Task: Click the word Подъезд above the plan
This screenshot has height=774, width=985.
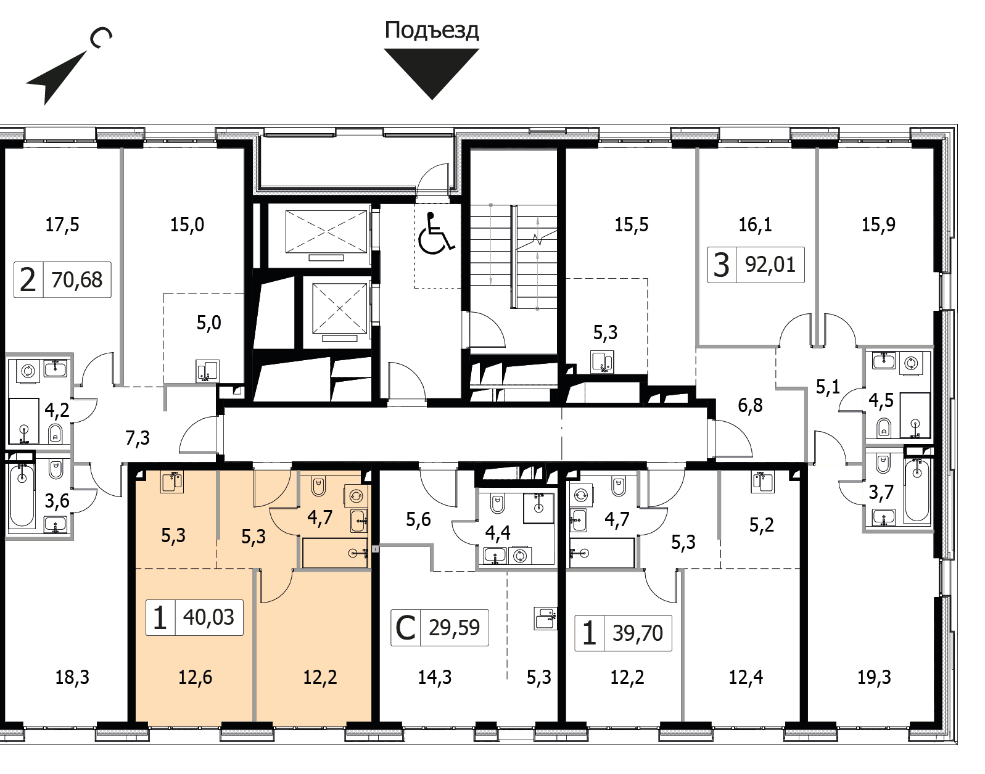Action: [x=432, y=31]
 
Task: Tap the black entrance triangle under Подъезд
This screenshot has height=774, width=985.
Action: [x=432, y=70]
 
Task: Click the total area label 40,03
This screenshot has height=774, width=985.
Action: [x=208, y=617]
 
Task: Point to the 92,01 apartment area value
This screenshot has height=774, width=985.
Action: [x=770, y=265]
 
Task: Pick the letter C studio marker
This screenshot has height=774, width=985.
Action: [x=405, y=628]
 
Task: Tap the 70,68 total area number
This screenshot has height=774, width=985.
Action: [x=77, y=279]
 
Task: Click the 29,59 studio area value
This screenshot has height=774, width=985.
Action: [x=454, y=628]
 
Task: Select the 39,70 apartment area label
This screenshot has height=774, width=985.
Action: [x=638, y=633]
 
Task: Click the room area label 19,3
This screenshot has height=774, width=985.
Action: [x=874, y=677]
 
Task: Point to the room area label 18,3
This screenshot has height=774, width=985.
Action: [x=72, y=677]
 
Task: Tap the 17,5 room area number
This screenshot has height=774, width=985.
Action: [x=62, y=224]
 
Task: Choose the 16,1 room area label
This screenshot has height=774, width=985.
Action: [x=755, y=224]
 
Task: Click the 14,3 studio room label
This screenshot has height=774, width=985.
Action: [x=435, y=677]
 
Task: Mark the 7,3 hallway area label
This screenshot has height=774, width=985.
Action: [x=138, y=438]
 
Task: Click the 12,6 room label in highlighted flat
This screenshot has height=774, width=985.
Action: [x=196, y=677]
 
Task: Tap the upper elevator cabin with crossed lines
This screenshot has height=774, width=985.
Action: [x=326, y=231]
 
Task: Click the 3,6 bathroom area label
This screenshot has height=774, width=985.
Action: [x=57, y=501]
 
